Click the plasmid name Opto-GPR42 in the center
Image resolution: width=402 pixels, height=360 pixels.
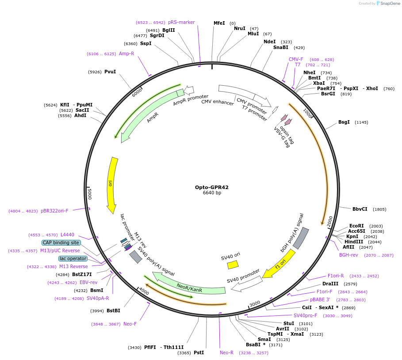pos(212,187)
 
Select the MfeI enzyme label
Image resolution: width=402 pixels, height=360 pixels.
pos(219,23)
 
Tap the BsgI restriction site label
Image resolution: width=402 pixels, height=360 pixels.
pos(344,122)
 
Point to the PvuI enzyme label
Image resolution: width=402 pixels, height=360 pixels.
pos(110,72)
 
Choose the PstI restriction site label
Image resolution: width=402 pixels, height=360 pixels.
pos(199,352)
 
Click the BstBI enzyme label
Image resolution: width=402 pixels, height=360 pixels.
pos(113,311)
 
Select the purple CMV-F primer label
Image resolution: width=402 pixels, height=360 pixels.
pos(296,59)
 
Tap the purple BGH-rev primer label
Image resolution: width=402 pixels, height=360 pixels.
pos(348,255)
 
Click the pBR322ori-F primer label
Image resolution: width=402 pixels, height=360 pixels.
pos(54,211)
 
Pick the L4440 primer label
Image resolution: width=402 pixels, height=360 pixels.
pos(67,235)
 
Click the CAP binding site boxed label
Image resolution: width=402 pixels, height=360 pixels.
pos(61,243)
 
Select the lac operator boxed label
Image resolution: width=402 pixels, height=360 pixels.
pos(73,258)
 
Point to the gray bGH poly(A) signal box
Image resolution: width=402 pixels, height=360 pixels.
pos(301,238)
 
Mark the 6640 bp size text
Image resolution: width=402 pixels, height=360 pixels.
pos(212,193)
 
